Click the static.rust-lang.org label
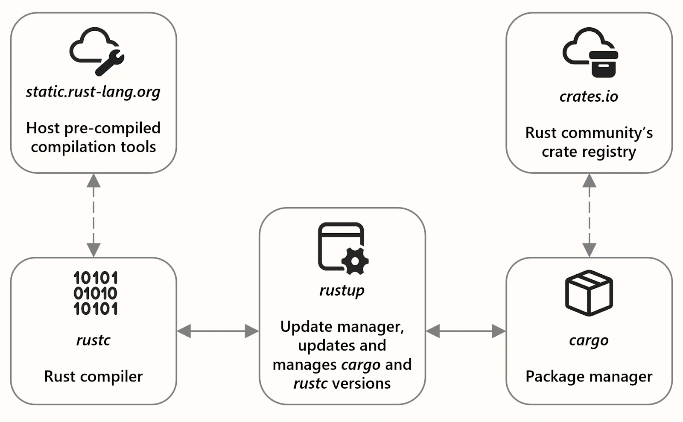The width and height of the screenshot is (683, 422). point(93,92)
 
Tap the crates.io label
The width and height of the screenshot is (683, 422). point(589,97)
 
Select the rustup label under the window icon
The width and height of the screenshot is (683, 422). point(342,290)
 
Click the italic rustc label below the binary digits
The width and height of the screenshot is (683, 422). point(93,340)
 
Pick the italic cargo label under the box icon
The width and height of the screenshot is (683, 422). point(589,341)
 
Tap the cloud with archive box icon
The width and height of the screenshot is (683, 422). point(590,52)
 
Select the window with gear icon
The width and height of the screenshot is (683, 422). point(343,249)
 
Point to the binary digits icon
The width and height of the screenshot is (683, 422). point(96,293)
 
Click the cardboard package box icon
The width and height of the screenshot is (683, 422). point(589,293)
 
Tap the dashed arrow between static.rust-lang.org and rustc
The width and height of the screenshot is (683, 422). point(93,215)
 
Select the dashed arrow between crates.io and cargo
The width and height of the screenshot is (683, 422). point(589,215)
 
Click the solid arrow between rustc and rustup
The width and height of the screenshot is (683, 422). point(218,331)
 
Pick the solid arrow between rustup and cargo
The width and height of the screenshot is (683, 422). point(466,331)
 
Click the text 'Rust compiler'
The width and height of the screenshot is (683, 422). point(93,377)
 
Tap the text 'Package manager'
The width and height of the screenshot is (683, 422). point(589,377)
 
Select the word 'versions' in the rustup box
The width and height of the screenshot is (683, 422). point(361,384)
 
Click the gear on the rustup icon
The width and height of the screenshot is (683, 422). point(355,261)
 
